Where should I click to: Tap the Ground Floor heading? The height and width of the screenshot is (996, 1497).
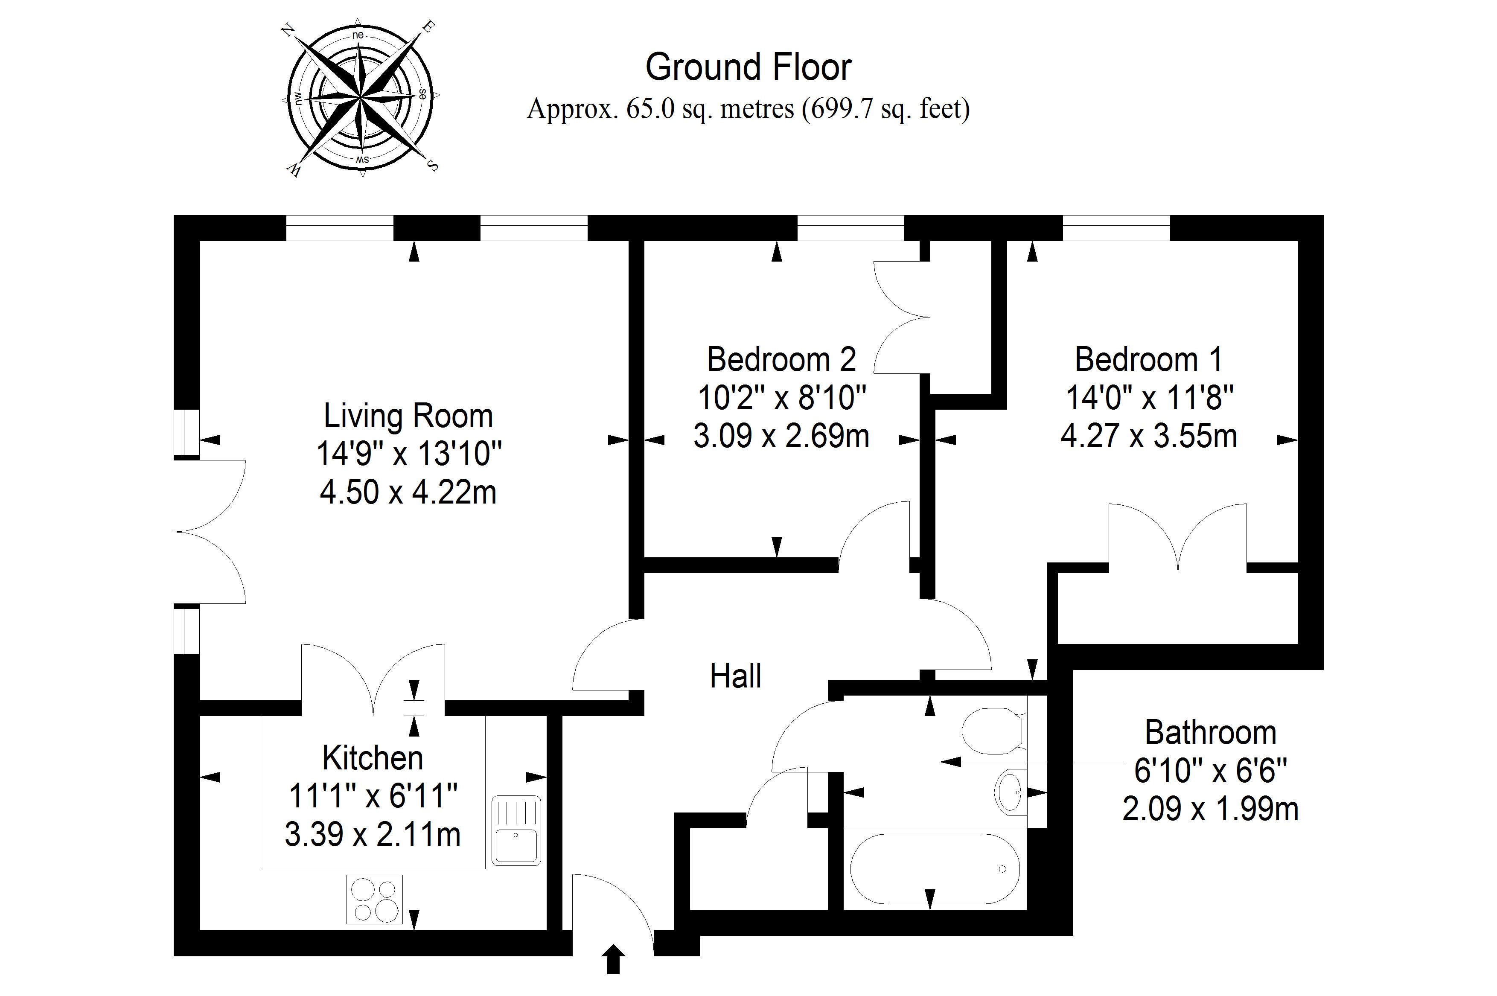point(748,67)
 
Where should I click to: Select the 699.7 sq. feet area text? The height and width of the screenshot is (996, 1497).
point(886,109)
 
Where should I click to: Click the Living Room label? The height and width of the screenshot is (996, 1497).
point(408,416)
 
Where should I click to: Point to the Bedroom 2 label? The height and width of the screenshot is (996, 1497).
point(781,360)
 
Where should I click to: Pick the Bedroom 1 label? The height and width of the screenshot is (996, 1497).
point(1148,360)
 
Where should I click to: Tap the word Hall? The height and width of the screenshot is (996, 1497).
point(735,676)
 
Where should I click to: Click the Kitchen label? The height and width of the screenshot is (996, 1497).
point(373,758)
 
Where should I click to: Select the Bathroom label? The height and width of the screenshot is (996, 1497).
point(1211,733)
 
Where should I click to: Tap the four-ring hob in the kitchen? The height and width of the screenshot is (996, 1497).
point(375,900)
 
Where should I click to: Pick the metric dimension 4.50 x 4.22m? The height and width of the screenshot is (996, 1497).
point(408,492)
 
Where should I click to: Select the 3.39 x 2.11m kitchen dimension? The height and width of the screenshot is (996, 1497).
point(373,834)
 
